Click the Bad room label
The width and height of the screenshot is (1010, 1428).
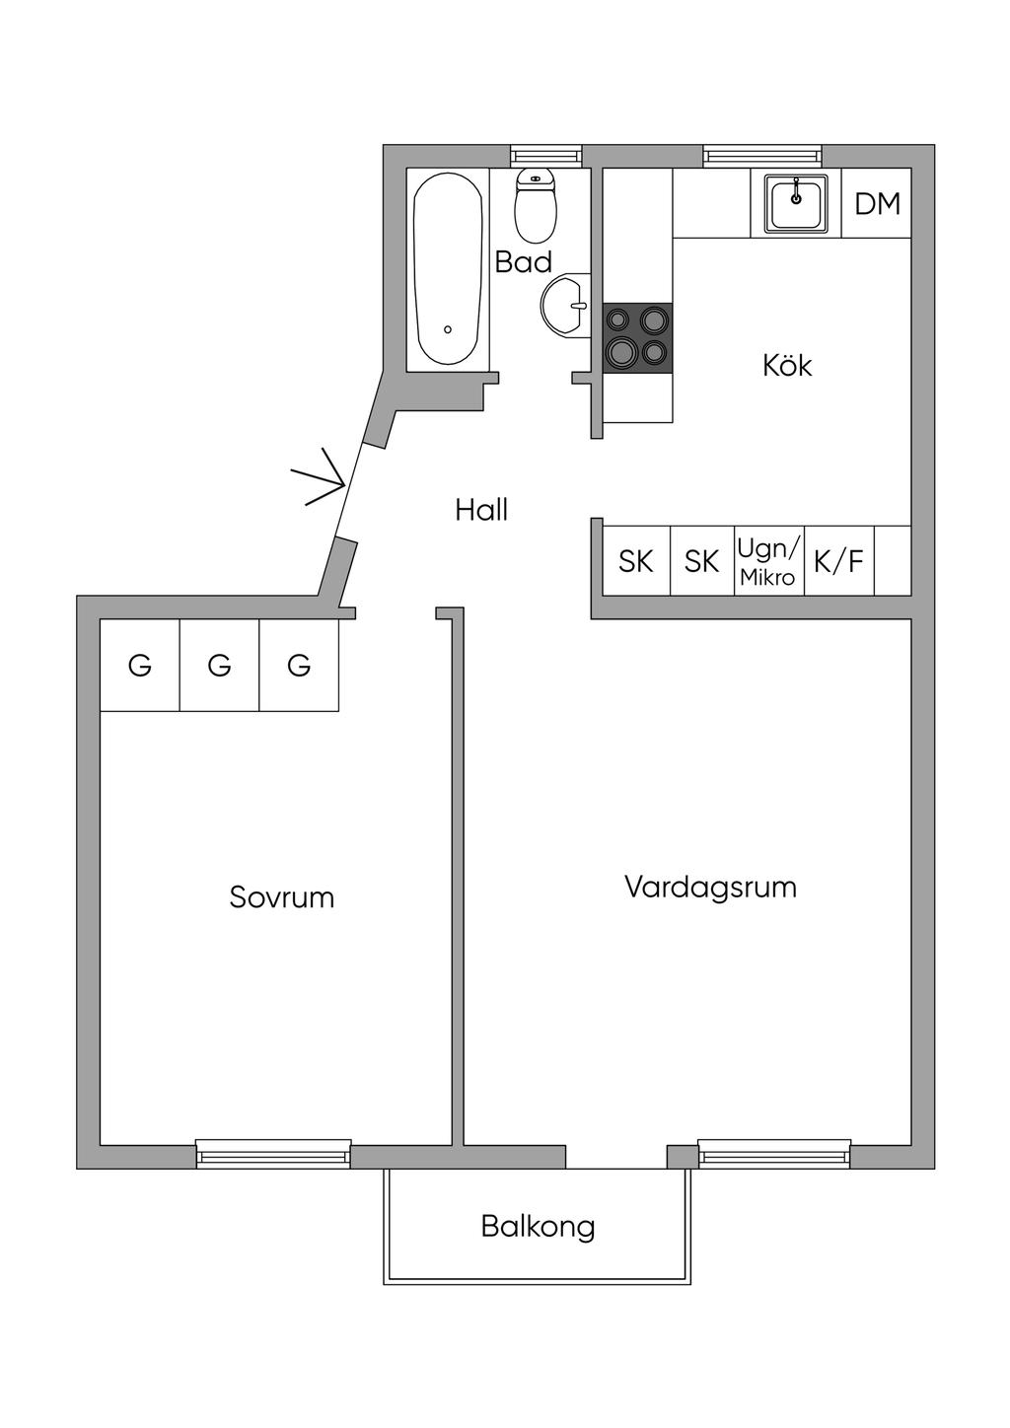point(523,262)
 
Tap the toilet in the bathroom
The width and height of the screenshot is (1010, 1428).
point(536,205)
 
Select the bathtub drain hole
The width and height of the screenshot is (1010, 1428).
point(448,329)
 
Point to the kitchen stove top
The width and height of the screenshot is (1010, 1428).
point(637,336)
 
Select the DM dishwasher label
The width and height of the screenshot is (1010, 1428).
point(877,204)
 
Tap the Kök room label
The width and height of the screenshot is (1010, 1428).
point(787,366)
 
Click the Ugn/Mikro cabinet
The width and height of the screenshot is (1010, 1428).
point(769,561)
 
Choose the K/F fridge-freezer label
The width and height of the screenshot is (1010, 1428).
point(838,561)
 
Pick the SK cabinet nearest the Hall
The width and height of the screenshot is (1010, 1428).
point(636,561)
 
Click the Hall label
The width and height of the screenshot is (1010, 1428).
point(481,510)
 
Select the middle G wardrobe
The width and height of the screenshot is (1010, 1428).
point(219,666)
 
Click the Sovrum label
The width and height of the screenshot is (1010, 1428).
point(281,897)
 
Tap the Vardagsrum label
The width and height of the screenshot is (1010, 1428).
point(710,887)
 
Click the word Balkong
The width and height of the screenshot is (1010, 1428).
point(538,1227)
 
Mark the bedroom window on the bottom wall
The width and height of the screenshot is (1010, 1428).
point(273,1154)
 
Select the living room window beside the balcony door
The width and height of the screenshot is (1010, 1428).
point(774,1154)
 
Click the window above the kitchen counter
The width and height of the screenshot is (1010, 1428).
point(761,156)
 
